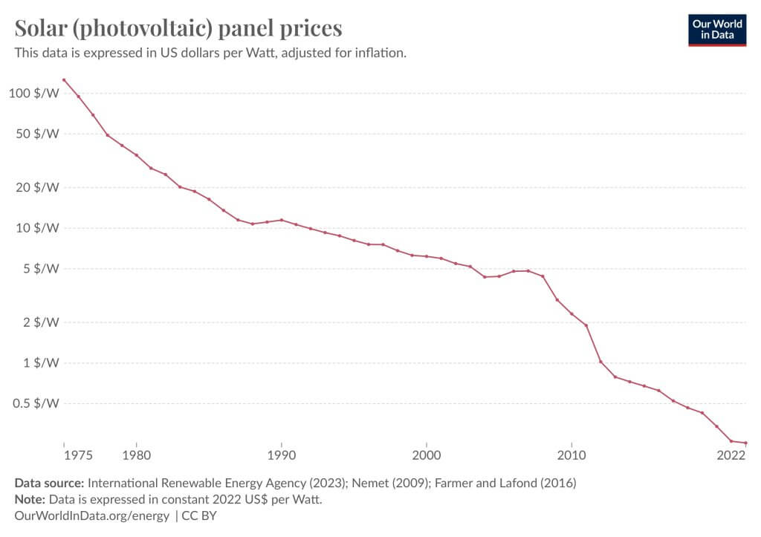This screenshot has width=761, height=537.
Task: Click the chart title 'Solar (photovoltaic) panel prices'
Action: (x=178, y=28)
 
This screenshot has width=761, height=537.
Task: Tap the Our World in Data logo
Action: (x=717, y=29)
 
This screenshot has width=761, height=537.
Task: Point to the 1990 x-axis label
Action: (x=281, y=455)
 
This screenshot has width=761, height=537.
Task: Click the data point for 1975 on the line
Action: (x=64, y=79)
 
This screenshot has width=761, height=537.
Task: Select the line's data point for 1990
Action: (x=281, y=220)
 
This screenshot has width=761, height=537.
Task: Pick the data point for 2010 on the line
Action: (x=571, y=313)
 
